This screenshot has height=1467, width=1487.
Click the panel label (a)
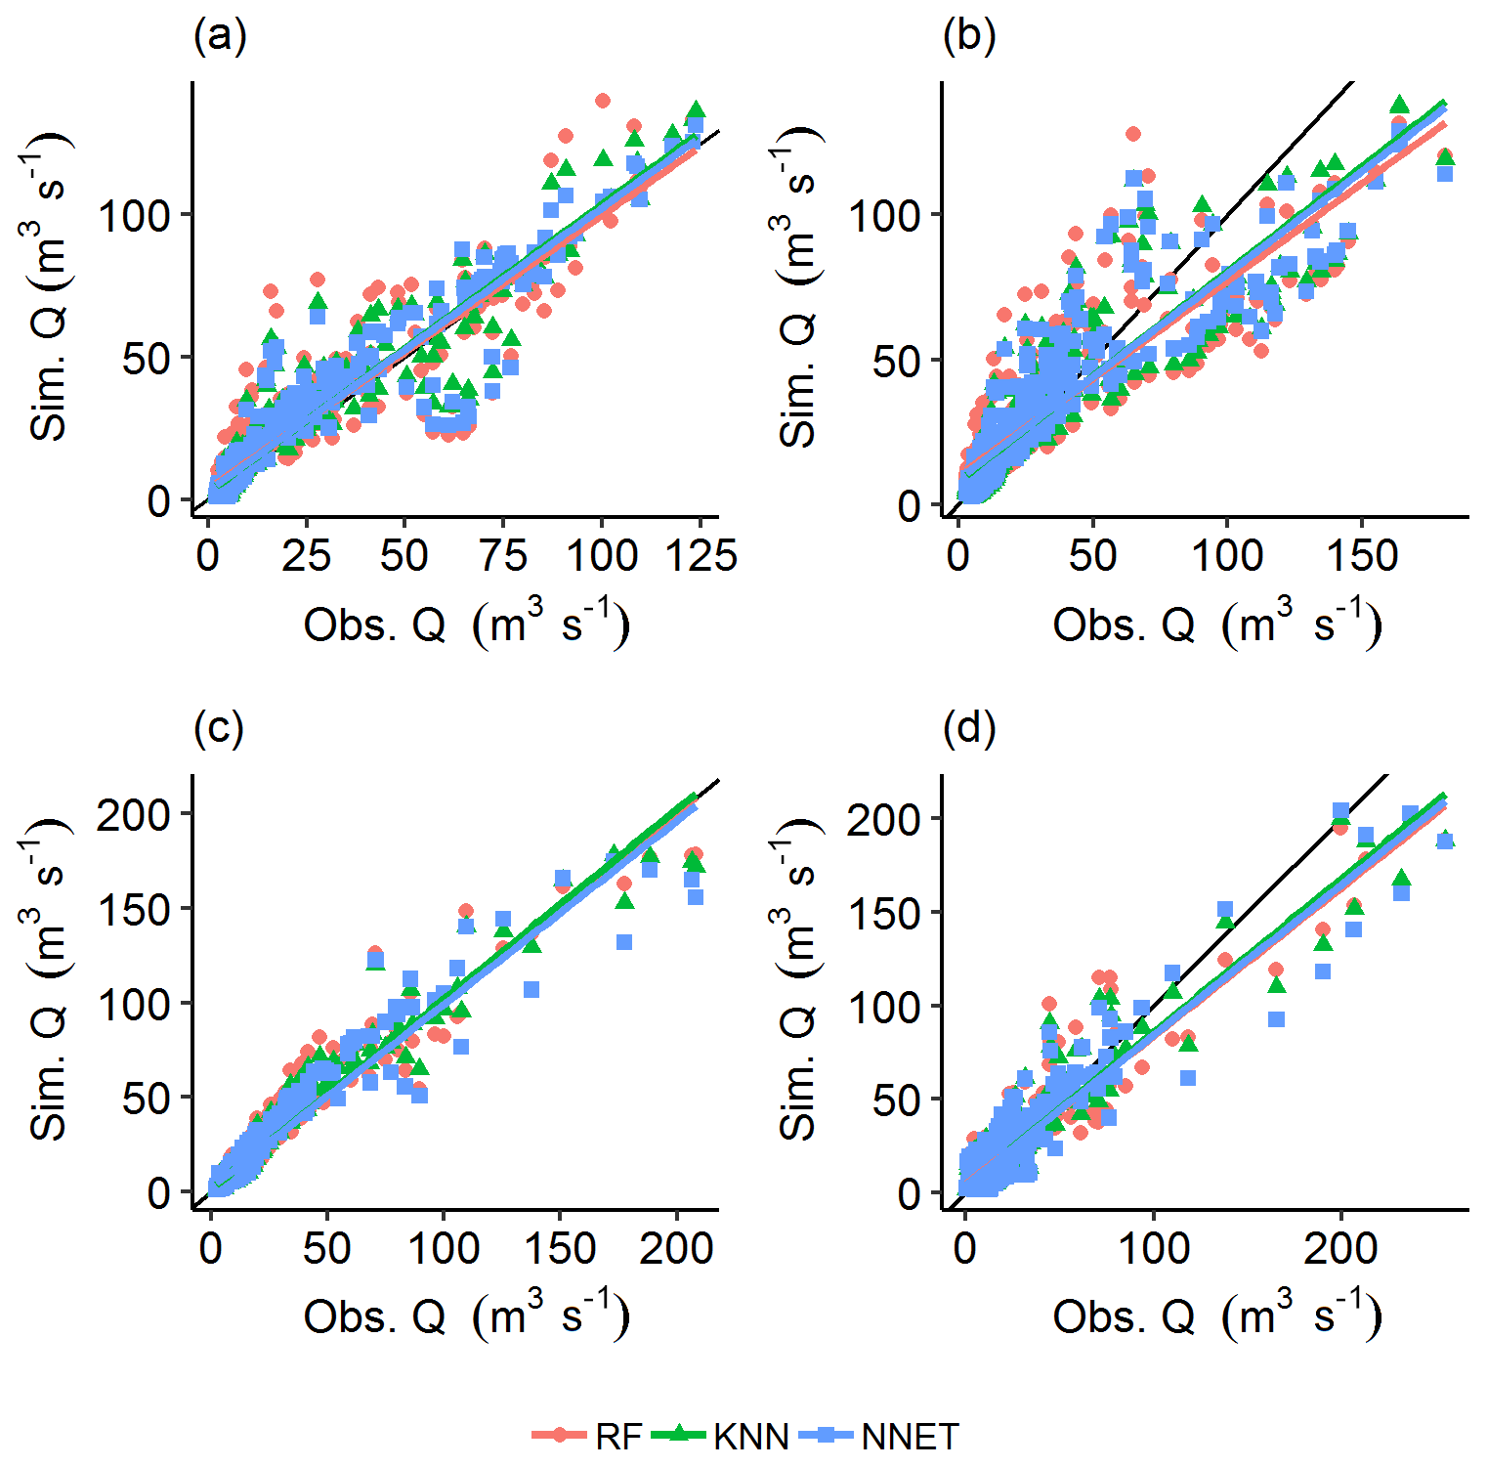click(220, 38)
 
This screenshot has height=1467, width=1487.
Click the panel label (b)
click(969, 38)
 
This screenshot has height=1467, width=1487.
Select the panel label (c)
click(219, 729)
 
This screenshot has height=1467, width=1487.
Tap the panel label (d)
click(969, 729)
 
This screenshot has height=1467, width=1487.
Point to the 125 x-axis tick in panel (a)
click(700, 556)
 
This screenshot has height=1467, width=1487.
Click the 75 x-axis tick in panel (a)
click(503, 556)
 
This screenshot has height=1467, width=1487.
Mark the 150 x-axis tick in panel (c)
click(560, 1248)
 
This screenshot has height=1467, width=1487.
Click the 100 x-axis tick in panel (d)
click(1154, 1248)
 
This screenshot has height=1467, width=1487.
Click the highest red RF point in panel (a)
click(603, 101)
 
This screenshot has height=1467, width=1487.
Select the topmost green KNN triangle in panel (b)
click(1400, 104)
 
